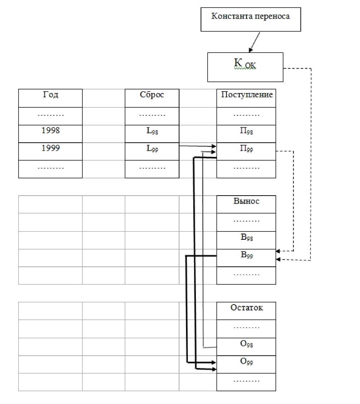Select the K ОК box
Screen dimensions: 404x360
point(245,67)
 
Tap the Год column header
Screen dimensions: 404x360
point(50,98)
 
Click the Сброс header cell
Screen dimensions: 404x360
point(152,98)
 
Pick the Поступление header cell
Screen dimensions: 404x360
point(246,98)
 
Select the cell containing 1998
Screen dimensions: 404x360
point(50,134)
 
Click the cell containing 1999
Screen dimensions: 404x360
point(50,151)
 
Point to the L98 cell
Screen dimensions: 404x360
point(152,134)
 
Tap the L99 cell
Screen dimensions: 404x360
point(152,151)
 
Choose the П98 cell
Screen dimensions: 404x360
point(246,134)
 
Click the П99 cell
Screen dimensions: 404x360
point(246,151)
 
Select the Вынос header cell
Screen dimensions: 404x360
point(246,204)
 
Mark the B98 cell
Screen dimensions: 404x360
point(246,240)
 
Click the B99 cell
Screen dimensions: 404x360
point(246,258)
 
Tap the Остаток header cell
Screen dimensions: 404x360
point(246,311)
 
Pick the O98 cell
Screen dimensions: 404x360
point(246,346)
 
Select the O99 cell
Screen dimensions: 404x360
point(246,364)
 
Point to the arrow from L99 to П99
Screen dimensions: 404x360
point(197,146)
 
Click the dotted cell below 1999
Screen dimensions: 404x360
point(50,169)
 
